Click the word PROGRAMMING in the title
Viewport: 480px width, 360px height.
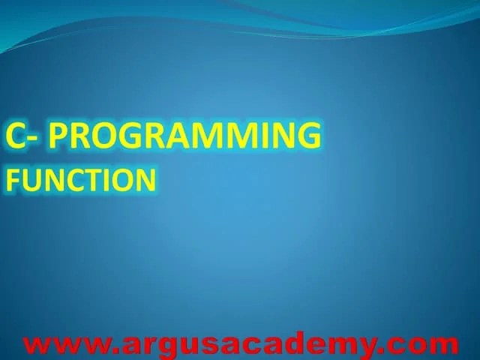pos(189,136)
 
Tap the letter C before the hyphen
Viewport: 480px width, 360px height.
pos(16,136)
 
